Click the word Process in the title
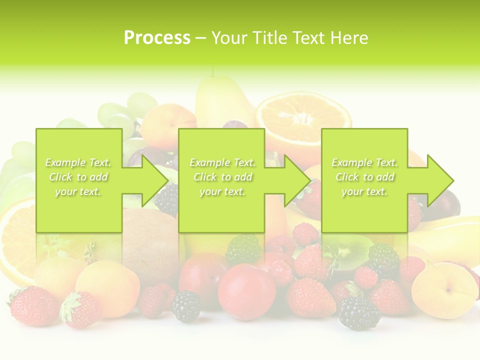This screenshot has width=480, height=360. pyautogui.click(x=157, y=38)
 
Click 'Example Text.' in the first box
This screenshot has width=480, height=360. pyautogui.click(x=78, y=162)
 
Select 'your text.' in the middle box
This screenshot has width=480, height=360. pyautogui.click(x=222, y=191)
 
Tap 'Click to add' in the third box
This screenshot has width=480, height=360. pyautogui.click(x=364, y=177)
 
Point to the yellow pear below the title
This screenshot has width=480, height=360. pyautogui.click(x=222, y=100)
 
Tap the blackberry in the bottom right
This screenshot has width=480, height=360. pyautogui.click(x=359, y=312)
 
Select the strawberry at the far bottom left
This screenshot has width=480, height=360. pyautogui.click(x=33, y=304)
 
